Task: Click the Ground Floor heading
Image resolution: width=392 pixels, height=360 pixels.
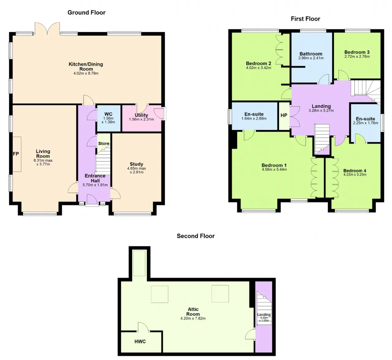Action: click(x=86, y=13)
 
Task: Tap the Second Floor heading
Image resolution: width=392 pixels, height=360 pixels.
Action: click(x=196, y=236)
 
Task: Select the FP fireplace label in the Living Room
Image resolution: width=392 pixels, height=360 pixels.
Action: click(x=16, y=154)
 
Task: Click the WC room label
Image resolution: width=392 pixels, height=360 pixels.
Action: click(x=108, y=114)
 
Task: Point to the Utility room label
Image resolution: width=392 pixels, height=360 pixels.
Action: click(x=141, y=115)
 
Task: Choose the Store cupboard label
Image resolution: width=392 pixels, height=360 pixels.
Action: click(x=104, y=144)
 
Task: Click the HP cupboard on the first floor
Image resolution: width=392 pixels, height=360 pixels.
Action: click(x=284, y=115)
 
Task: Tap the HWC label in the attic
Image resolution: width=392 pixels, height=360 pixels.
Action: click(x=140, y=341)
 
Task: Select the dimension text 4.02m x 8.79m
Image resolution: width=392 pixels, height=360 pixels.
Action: click(x=86, y=73)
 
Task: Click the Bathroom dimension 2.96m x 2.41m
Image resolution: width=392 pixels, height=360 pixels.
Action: click(x=311, y=58)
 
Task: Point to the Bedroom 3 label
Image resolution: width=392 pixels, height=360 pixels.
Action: click(x=357, y=52)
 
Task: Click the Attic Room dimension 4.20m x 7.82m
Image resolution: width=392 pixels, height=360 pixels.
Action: click(x=193, y=318)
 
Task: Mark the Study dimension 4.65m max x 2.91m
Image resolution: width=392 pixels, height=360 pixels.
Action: click(x=137, y=170)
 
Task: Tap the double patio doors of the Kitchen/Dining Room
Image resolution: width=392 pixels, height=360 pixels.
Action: click(x=47, y=28)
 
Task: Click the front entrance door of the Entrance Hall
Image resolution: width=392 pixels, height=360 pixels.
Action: click(x=92, y=199)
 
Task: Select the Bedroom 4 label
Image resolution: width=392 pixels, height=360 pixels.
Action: click(x=355, y=171)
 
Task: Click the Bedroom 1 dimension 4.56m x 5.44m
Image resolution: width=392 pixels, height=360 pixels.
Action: click(x=274, y=170)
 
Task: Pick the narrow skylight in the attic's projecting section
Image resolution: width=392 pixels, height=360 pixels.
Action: click(x=139, y=263)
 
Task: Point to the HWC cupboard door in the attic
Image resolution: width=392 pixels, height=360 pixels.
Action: click(x=143, y=327)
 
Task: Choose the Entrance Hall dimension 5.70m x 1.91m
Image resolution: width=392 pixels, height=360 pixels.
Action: click(x=95, y=185)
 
